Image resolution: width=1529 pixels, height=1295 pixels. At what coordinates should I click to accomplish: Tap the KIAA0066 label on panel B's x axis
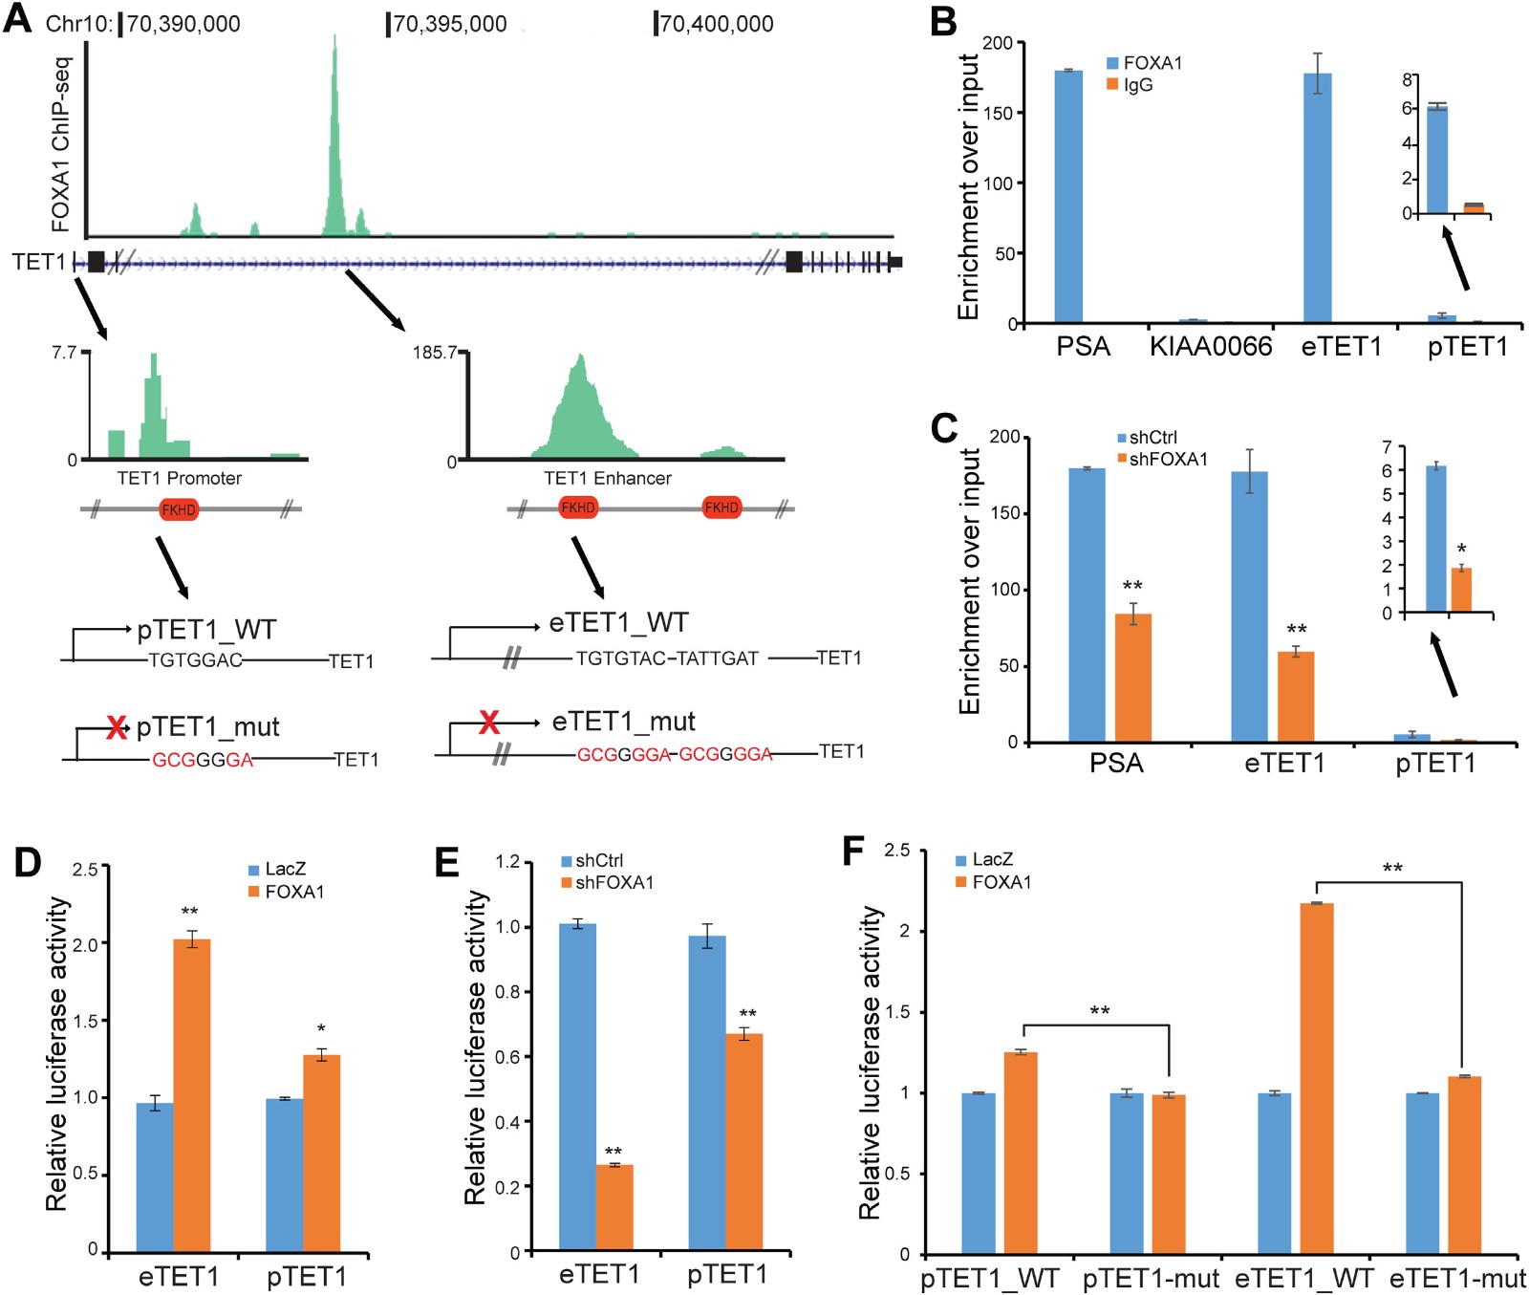[x=1211, y=346]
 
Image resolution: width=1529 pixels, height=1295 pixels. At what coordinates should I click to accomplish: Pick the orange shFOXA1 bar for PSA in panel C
[x=1132, y=678]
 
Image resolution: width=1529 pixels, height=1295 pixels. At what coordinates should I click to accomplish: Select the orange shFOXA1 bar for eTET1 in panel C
[x=1296, y=696]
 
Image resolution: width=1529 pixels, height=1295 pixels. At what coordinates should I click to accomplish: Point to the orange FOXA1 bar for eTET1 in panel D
[x=192, y=1095]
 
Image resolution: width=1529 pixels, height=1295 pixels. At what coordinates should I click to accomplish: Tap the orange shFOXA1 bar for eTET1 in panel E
[x=614, y=1207]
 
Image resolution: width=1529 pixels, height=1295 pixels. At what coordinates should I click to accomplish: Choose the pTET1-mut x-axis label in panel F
[x=1151, y=1279]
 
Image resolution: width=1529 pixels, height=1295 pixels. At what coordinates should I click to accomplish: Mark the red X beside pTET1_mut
[x=116, y=727]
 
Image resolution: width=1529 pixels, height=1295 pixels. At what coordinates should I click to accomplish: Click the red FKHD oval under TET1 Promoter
[x=179, y=509]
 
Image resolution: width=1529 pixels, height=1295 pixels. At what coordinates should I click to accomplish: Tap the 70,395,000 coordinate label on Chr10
[x=449, y=24]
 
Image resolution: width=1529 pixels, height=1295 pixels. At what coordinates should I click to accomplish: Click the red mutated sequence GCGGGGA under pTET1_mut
[x=203, y=760]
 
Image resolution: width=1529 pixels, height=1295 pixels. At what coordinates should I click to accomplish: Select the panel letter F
[x=852, y=849]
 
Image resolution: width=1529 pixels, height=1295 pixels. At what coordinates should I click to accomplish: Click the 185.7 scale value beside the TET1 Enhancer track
[x=434, y=353]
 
